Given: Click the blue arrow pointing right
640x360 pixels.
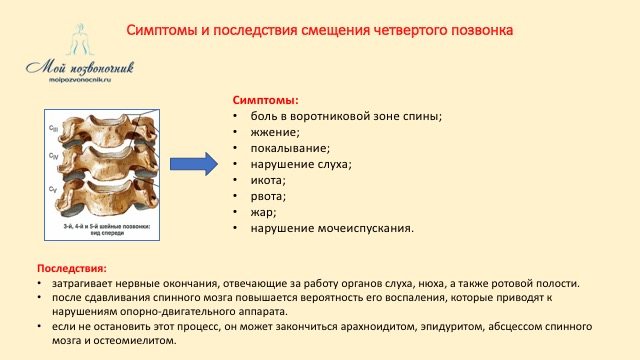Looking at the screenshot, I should point(194,163).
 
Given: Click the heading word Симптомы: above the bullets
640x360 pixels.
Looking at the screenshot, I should point(265,101).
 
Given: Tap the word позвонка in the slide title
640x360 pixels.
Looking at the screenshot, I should point(478,31).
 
